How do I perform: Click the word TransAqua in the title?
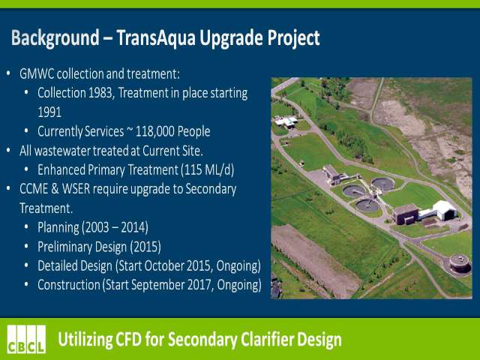coord(156,38)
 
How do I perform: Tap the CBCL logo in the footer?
coord(27,339)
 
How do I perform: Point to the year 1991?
coord(49,112)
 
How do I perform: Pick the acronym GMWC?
coord(37,74)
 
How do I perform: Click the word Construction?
coord(69,285)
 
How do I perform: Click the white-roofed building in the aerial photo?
coord(445,210)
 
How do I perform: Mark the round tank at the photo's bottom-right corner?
coord(460,263)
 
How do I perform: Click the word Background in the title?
coord(55,39)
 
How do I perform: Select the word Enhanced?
coord(61,170)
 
